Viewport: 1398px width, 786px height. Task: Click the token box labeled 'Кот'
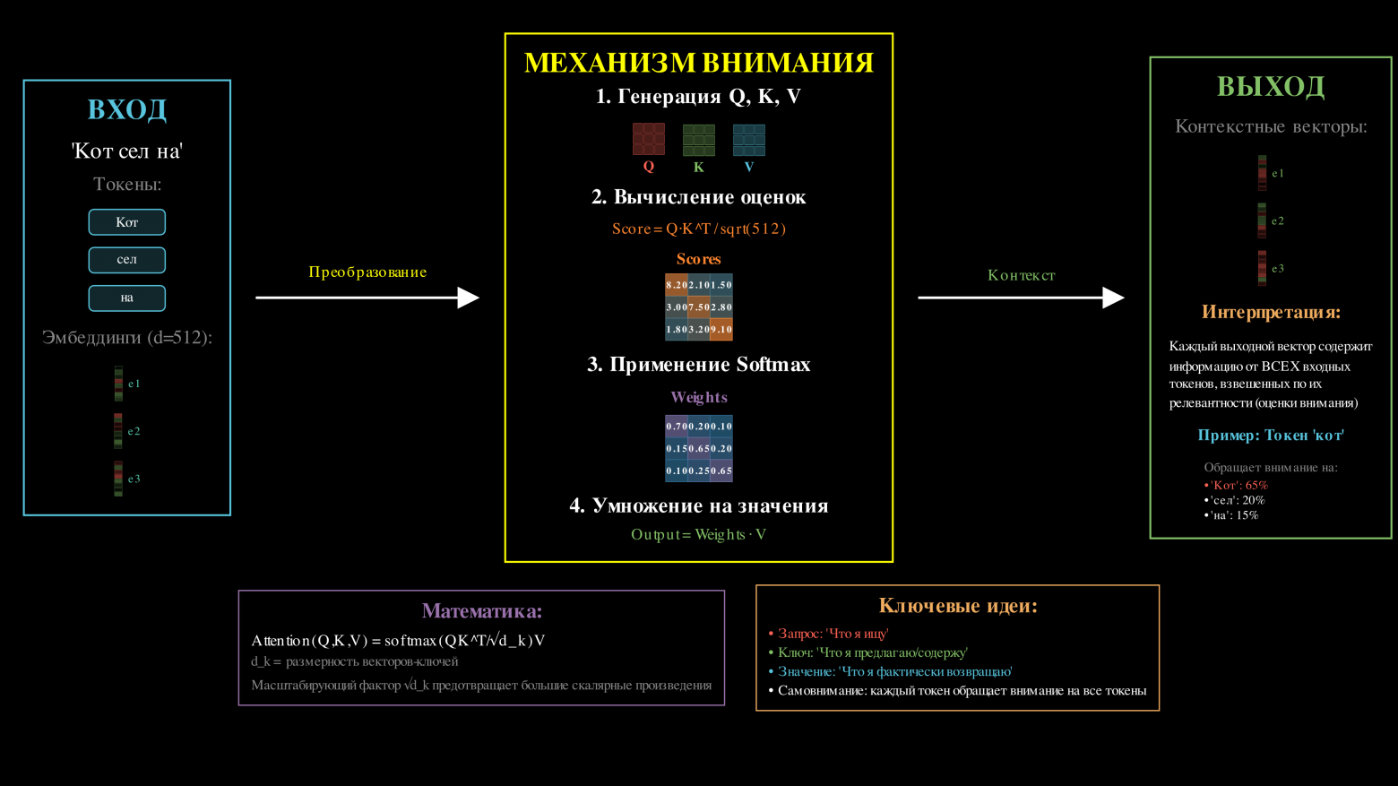[126, 222]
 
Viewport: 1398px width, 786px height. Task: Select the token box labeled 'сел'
[126, 260]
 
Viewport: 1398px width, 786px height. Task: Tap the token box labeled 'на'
[126, 298]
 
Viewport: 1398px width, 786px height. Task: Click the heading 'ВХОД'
[126, 109]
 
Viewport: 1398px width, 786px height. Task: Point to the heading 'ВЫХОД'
[1270, 87]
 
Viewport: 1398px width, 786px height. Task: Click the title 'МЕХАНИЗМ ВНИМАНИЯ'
[698, 63]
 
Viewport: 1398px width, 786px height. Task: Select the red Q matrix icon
[648, 139]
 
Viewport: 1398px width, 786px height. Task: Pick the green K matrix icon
[698, 140]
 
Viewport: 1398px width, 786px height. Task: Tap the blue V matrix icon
[748, 140]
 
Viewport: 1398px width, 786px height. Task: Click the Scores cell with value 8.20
[676, 285]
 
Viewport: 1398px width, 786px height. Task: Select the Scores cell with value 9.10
[721, 330]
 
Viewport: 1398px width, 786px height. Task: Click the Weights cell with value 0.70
[676, 426]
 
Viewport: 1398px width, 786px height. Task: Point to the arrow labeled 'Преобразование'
[367, 298]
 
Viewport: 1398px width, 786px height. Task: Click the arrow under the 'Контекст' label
[1021, 298]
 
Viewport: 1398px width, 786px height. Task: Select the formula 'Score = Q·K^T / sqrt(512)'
[698, 229]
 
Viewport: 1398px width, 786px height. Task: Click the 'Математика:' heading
[481, 611]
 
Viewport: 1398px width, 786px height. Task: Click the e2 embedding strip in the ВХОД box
[118, 431]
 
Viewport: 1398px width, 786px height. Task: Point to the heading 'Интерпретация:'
[1270, 313]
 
